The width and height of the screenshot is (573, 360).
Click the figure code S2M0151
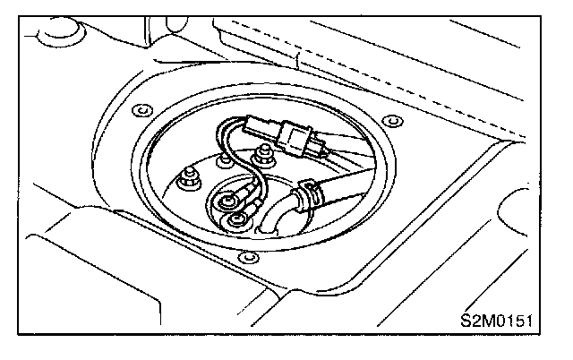(x=503, y=321)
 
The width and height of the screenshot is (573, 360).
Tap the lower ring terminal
(x=235, y=219)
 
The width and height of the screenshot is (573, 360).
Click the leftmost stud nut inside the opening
(x=189, y=176)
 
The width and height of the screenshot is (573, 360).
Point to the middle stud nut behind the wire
(x=221, y=159)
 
